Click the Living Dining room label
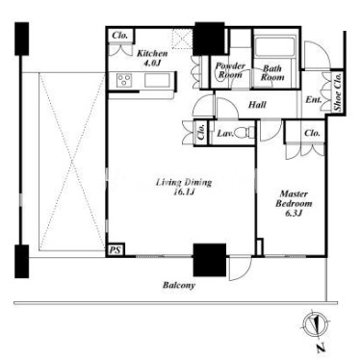tap(184, 187)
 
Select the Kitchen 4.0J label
tap(152, 58)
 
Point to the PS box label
tap(116, 250)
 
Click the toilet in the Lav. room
tap(245, 132)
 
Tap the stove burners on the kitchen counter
tap(124, 80)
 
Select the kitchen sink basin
tap(157, 80)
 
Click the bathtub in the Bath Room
tap(274, 47)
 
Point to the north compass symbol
tap(317, 325)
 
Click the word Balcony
tap(179, 285)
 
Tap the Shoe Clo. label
tap(337, 92)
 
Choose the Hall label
tap(257, 105)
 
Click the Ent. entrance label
tap(313, 99)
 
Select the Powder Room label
tap(230, 70)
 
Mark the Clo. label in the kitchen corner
tap(119, 36)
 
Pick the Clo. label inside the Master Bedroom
tap(312, 133)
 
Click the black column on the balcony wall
tap(210, 260)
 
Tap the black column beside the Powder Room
tap(210, 39)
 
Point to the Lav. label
tap(225, 133)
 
